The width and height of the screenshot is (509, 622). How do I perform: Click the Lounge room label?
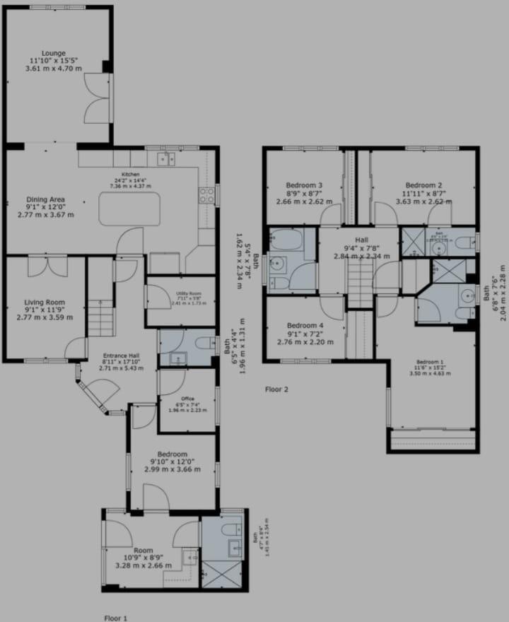click(x=54, y=53)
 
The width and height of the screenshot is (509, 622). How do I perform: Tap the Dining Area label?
click(x=46, y=199)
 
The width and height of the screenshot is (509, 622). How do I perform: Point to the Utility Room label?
click(x=180, y=293)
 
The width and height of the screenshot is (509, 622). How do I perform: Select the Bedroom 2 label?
click(x=424, y=185)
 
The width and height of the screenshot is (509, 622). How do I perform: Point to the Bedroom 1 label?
click(x=431, y=362)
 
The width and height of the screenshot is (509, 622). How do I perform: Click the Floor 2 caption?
click(x=276, y=389)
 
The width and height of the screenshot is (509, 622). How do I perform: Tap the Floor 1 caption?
click(x=116, y=617)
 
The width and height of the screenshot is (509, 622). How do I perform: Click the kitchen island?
click(x=129, y=208)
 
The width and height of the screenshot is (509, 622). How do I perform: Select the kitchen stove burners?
click(x=207, y=195)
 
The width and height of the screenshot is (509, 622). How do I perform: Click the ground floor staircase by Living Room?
click(x=101, y=317)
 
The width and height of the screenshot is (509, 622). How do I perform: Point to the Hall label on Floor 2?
click(x=361, y=240)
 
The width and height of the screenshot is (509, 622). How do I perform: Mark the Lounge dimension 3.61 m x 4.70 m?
click(x=54, y=69)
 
